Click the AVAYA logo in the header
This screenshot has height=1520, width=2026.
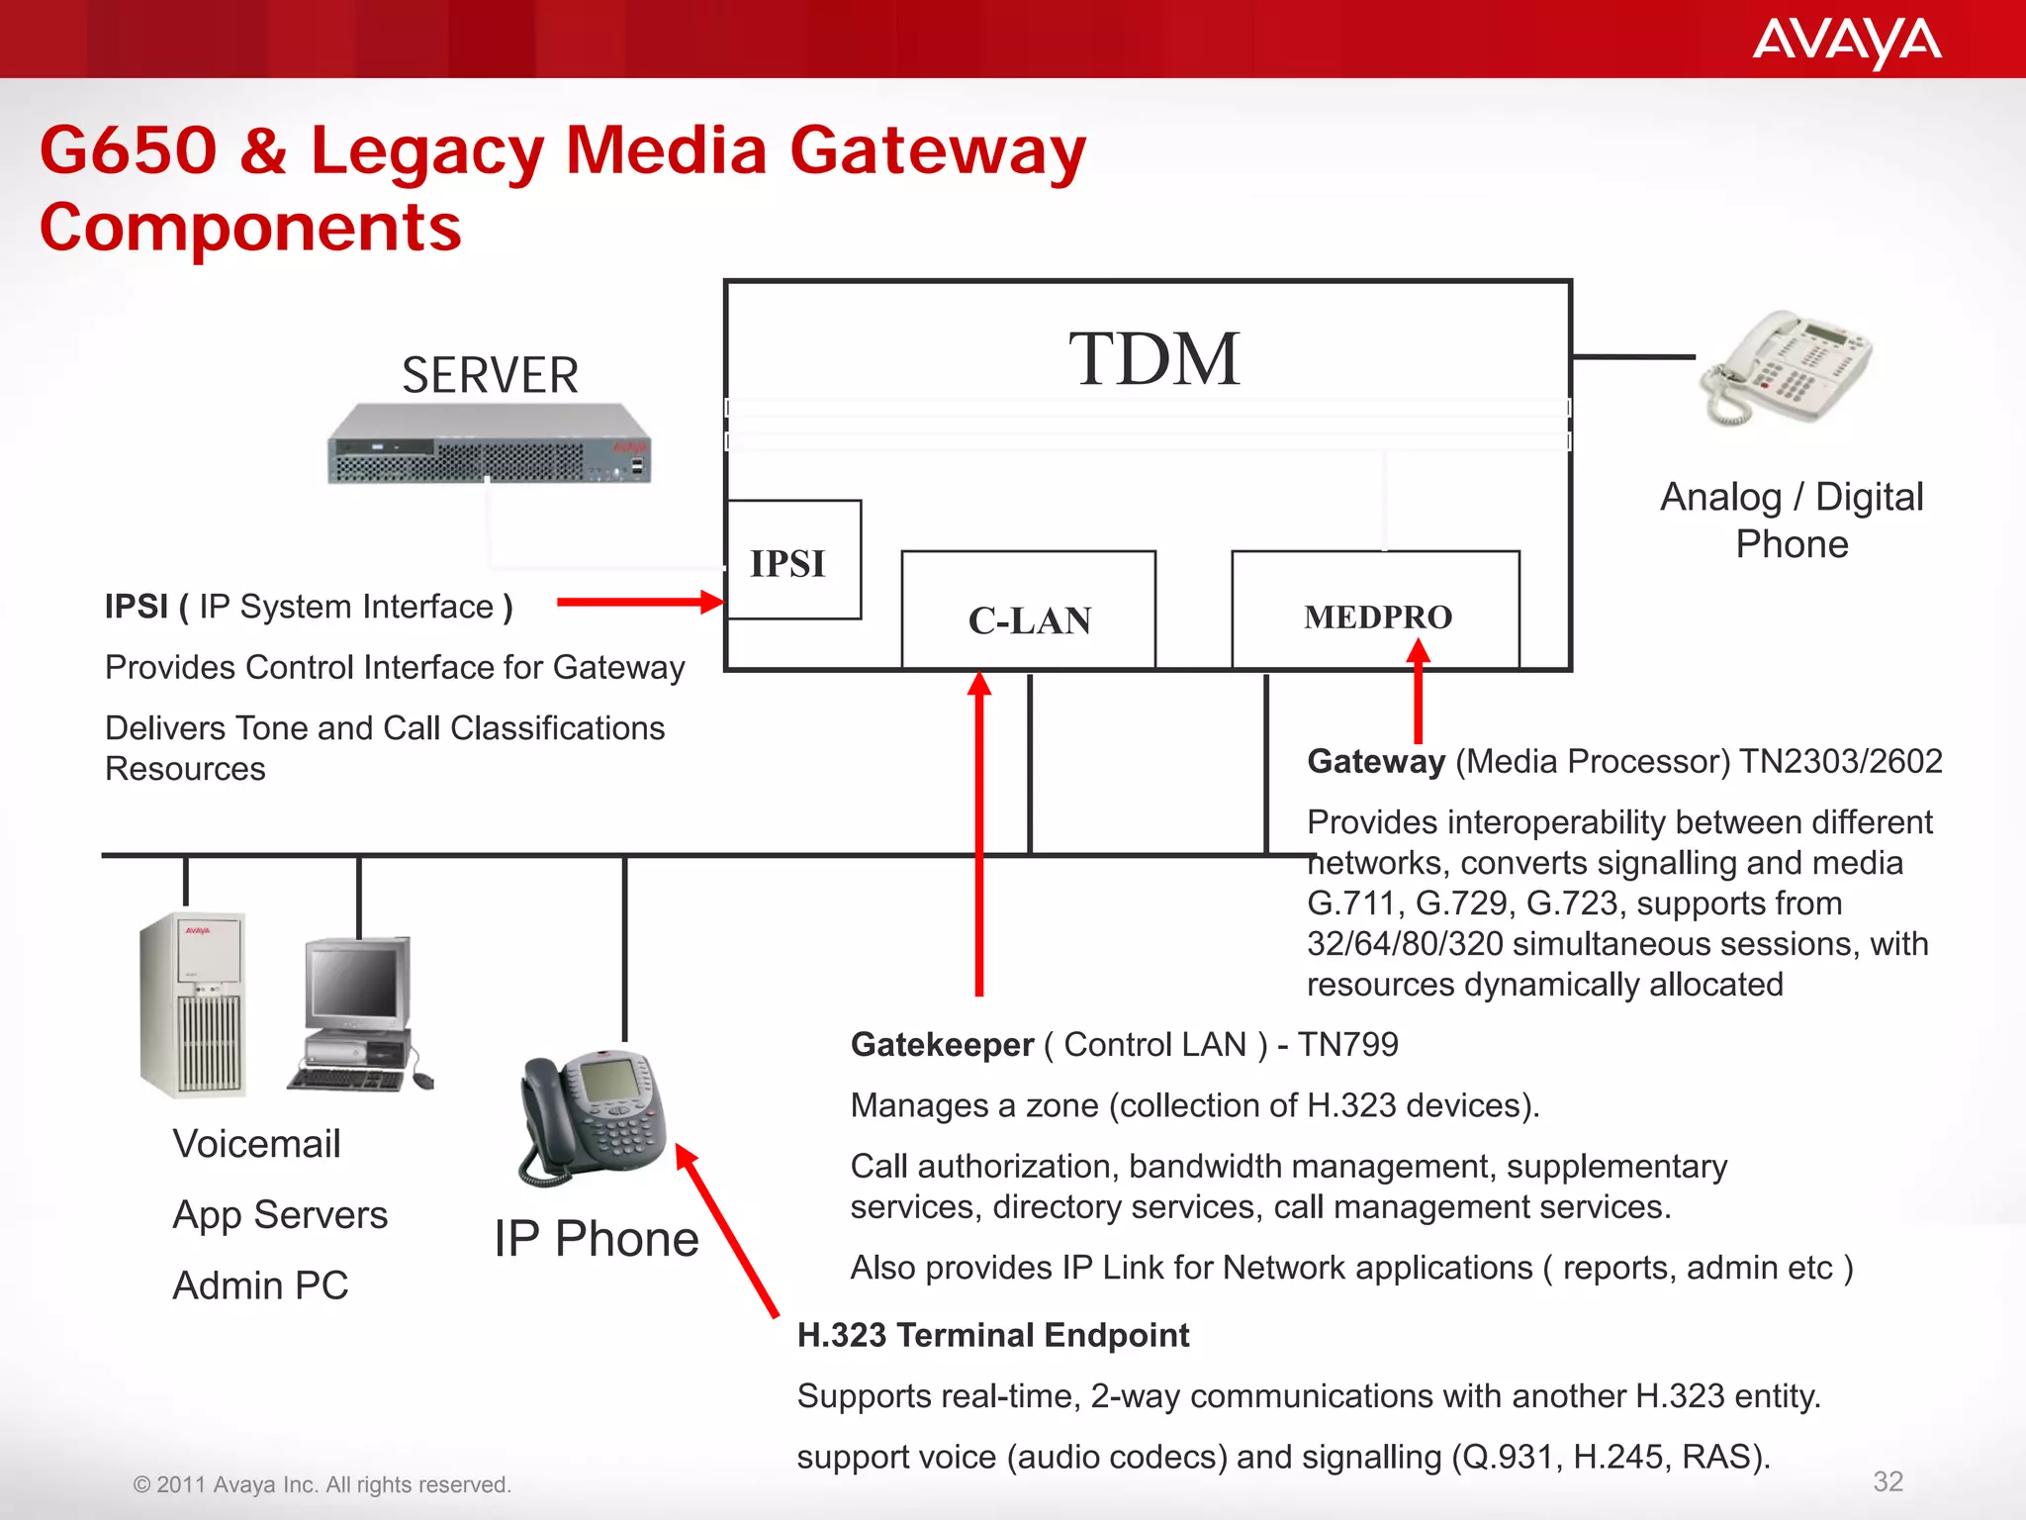(1846, 43)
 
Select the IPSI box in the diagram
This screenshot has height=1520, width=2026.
(792, 561)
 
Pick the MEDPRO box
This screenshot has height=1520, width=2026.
(1376, 611)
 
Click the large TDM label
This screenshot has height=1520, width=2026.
(1153, 359)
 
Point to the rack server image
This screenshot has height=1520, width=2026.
(489, 443)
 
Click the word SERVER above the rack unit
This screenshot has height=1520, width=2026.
(490, 376)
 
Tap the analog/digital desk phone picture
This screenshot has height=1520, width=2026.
(1787, 368)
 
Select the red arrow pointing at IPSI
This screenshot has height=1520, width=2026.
(639, 602)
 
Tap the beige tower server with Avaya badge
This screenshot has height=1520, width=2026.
(194, 1004)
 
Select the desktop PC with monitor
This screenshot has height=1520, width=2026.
(358, 1014)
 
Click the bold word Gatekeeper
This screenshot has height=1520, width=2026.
(941, 1045)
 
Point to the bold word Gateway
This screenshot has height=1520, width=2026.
(1375, 761)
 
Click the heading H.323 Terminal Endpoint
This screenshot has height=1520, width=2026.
(992, 1335)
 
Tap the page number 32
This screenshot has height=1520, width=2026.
(1888, 1481)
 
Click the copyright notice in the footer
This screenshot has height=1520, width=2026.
(322, 1484)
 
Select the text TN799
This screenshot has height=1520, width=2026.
(1347, 1045)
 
